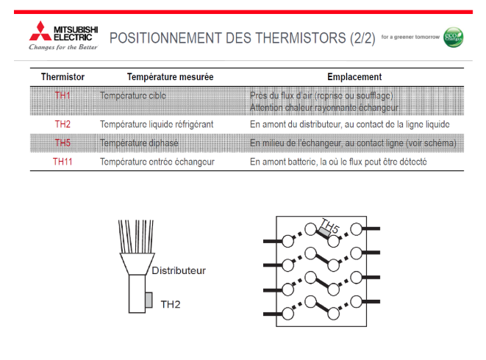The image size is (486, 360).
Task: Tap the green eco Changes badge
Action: click(454, 37)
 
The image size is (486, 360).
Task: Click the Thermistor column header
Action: click(62, 76)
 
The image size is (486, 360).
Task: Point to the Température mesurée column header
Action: click(160, 76)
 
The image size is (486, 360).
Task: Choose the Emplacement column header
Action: click(354, 76)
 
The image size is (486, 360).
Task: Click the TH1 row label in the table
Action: click(62, 96)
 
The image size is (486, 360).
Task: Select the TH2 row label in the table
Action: click(62, 124)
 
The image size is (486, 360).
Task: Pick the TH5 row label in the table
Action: click(62, 143)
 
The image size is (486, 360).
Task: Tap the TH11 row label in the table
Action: click(62, 161)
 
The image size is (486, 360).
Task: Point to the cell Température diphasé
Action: click(139, 143)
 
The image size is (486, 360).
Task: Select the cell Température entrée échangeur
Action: click(157, 161)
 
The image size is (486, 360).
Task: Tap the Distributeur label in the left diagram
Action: click(179, 270)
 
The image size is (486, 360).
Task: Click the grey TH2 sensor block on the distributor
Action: click(148, 300)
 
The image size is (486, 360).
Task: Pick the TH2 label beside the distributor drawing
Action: click(170, 303)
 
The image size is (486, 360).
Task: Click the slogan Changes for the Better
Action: click(62, 47)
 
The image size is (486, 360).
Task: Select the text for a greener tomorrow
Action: click(410, 37)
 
